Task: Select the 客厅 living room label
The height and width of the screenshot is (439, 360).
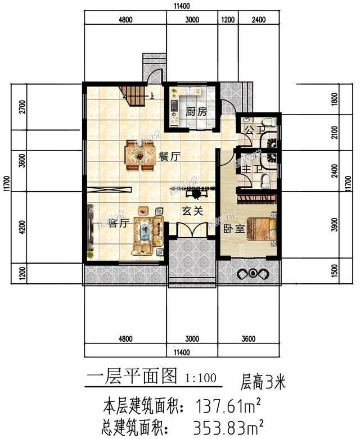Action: point(119,223)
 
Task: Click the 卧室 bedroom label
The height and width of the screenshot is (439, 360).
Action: point(232,229)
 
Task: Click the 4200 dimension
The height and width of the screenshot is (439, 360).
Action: point(22,228)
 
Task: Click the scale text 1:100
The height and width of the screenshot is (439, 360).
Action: point(200,377)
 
